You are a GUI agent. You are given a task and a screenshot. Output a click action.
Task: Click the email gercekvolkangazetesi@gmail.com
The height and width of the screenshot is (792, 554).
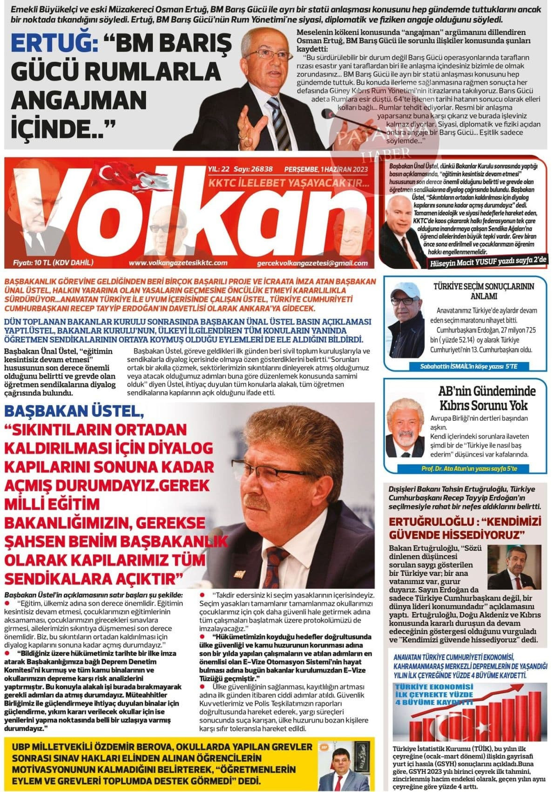312,263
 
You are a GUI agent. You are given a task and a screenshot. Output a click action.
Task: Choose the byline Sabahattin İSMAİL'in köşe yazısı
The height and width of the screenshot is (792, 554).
468,366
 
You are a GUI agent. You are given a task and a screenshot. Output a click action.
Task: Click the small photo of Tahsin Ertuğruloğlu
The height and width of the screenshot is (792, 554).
514,567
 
